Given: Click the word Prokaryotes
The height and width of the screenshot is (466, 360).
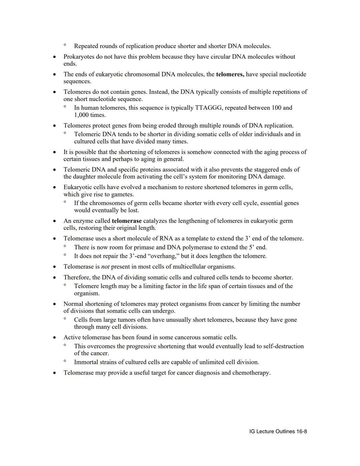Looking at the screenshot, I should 79,57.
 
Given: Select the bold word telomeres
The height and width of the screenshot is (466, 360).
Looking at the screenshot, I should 230,74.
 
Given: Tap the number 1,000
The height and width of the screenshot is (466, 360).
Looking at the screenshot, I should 81,115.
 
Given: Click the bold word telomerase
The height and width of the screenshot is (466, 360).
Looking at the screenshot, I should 127,221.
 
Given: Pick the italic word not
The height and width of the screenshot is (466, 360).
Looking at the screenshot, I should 105,267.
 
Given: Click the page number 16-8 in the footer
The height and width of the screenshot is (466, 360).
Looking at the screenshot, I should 300,432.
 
